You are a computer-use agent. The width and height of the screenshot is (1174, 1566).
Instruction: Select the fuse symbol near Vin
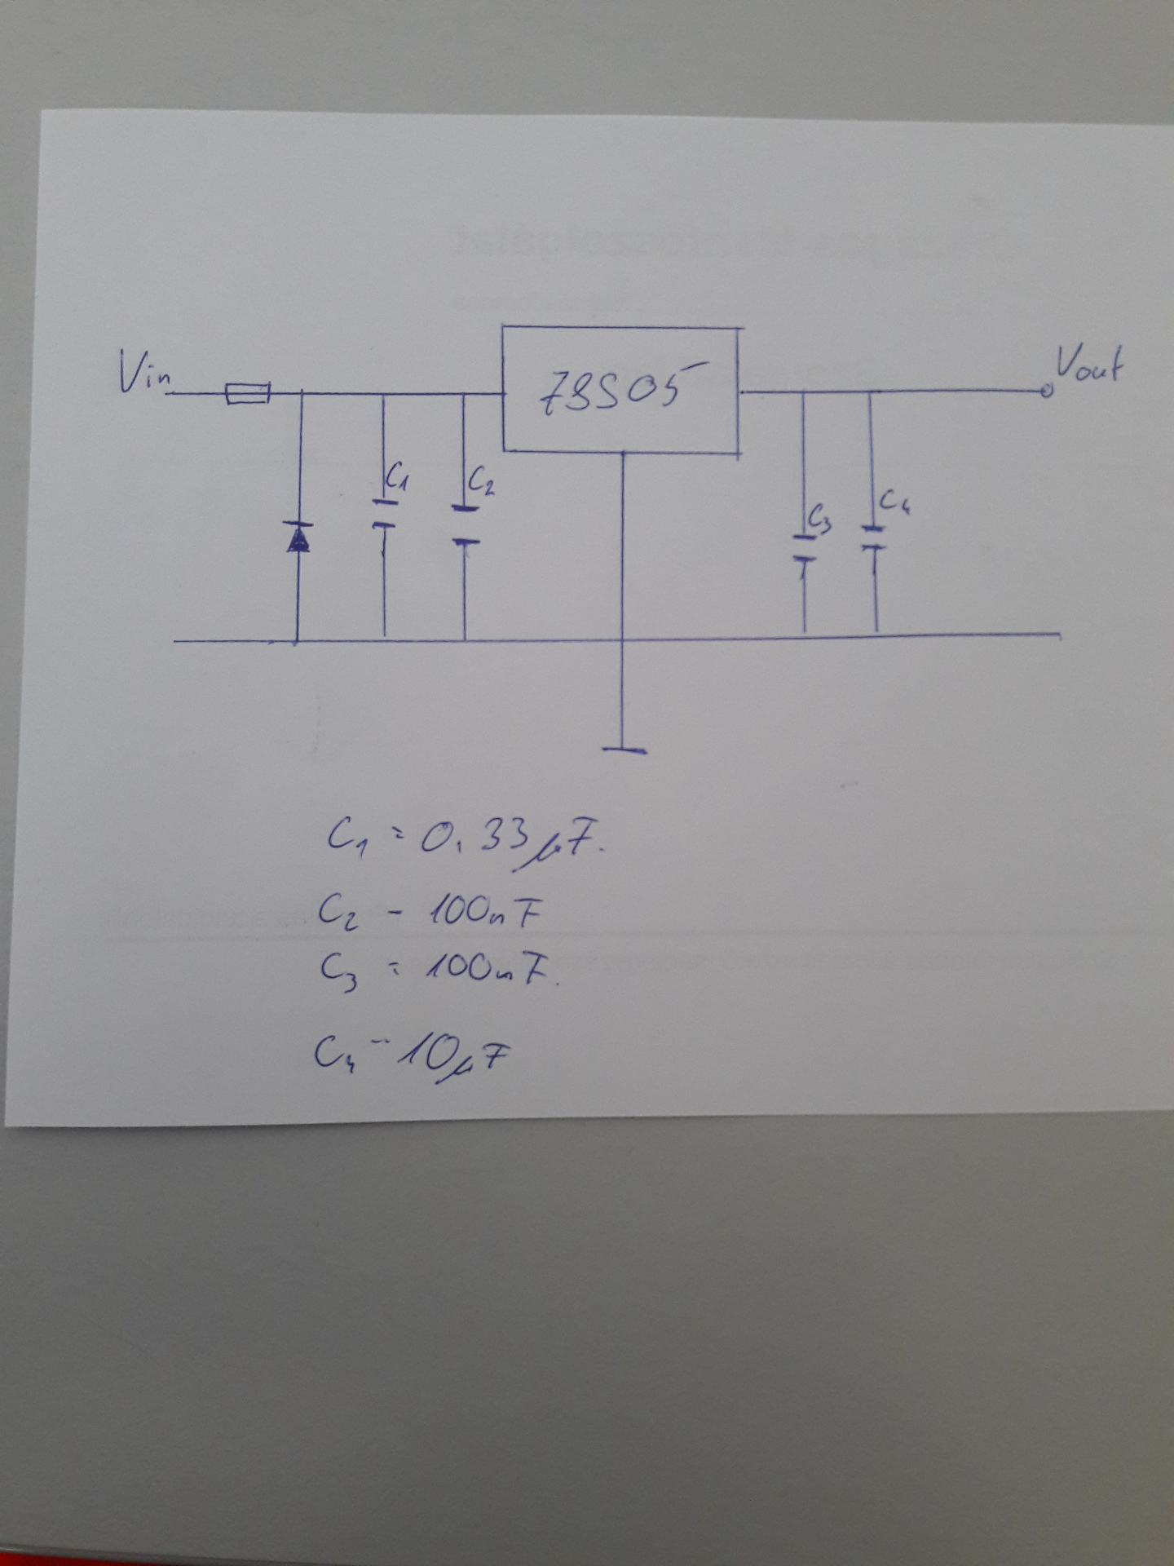[x=247, y=396]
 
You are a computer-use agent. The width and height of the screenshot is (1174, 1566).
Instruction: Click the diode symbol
[x=298, y=537]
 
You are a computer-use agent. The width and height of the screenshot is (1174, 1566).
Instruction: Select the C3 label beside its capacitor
[x=819, y=519]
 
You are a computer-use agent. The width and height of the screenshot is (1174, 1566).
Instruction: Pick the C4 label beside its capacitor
[x=894, y=501]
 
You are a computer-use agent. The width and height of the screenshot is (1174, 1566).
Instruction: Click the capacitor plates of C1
[x=384, y=513]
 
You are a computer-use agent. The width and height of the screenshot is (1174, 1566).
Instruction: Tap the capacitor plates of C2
[x=465, y=524]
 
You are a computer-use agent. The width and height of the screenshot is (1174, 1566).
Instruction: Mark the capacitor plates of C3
[x=804, y=548]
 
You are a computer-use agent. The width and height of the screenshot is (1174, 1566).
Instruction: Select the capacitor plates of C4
[x=873, y=538]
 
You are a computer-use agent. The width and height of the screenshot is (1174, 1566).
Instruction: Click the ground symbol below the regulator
[x=625, y=749]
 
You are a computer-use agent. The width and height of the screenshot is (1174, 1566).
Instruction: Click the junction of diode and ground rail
[x=297, y=641]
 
